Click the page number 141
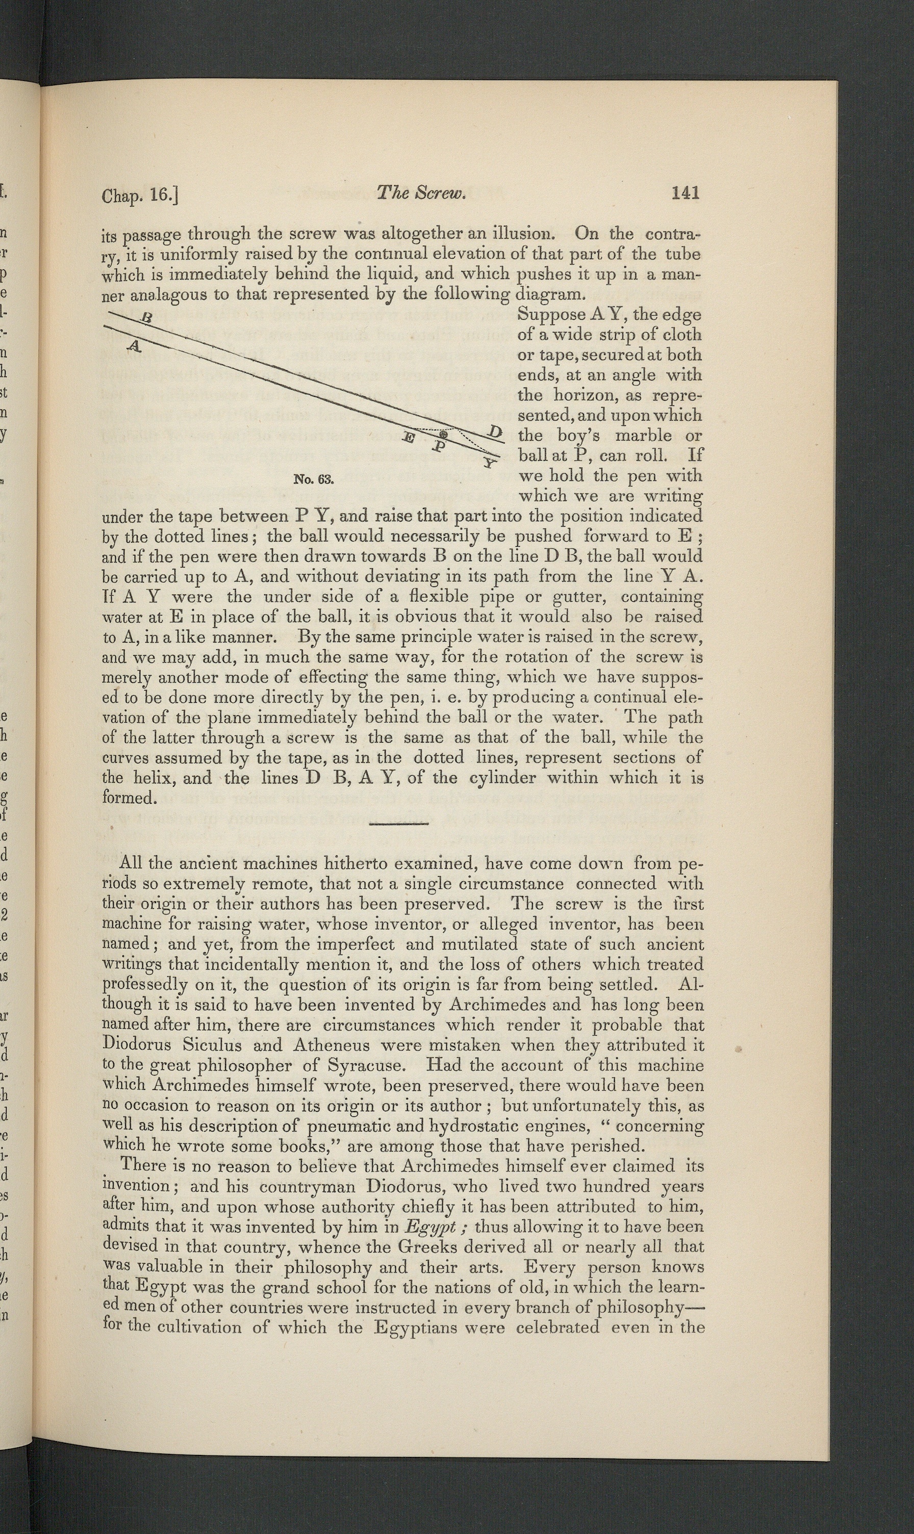coord(686,193)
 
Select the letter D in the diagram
coord(495,431)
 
